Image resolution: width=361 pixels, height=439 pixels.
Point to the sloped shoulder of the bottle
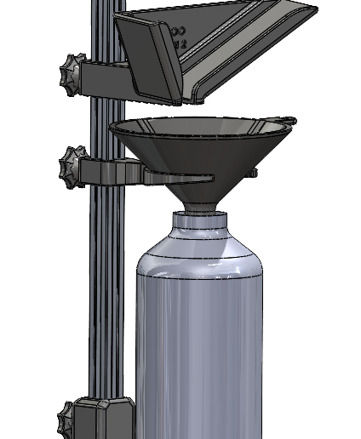(200, 254)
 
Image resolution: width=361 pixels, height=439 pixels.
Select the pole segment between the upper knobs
(106, 128)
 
